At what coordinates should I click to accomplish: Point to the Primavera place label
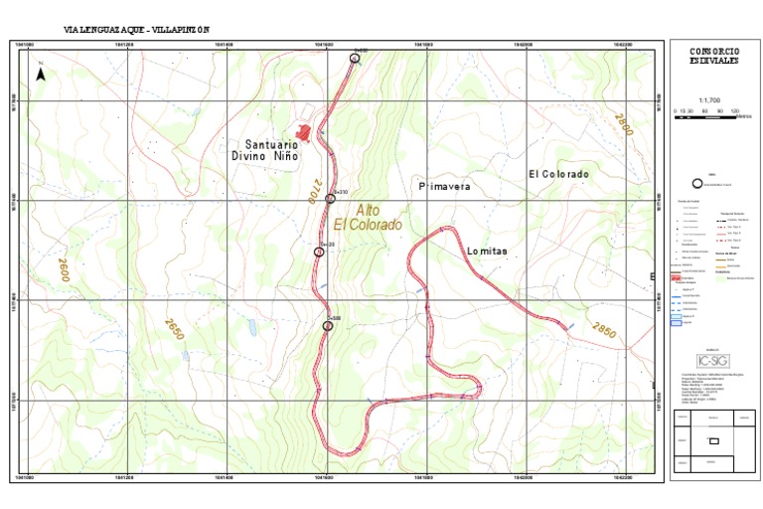pyautogui.click(x=444, y=186)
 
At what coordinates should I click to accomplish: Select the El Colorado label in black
pyautogui.click(x=558, y=174)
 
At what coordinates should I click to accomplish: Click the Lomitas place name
pyautogui.click(x=487, y=252)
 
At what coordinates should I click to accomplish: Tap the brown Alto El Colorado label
pyautogui.click(x=368, y=218)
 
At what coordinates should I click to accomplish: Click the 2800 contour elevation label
pyautogui.click(x=623, y=126)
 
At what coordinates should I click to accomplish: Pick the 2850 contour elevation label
pyautogui.click(x=604, y=330)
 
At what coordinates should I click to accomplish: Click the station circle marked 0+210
pyautogui.click(x=331, y=199)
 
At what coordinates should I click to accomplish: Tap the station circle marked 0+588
pyautogui.click(x=328, y=325)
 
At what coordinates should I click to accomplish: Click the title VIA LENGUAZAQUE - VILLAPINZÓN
pyautogui.click(x=137, y=30)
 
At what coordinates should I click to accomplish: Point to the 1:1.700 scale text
pyautogui.click(x=709, y=100)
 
